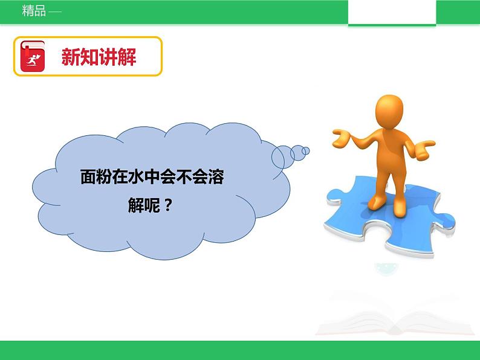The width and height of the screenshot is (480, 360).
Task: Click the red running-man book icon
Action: pyautogui.click(x=33, y=56)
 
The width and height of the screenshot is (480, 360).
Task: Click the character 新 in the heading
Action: pyautogui.click(x=71, y=57)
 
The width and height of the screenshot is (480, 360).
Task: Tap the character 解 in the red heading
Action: pyautogui.click(x=127, y=57)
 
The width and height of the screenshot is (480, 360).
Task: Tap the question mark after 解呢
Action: pyautogui.click(x=168, y=206)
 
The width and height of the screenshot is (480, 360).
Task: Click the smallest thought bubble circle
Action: pyautogui.click(x=306, y=150)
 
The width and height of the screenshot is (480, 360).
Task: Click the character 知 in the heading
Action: pyautogui.click(x=89, y=57)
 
